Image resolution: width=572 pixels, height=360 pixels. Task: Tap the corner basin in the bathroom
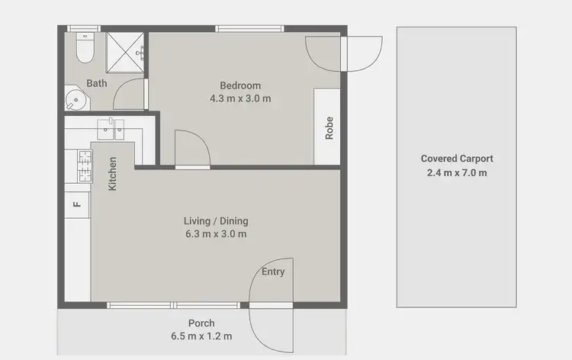(x=75, y=99)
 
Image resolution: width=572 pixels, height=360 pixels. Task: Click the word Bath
(x=97, y=83)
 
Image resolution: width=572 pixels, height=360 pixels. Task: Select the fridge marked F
(x=76, y=204)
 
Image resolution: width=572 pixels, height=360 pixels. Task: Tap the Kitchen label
(x=113, y=174)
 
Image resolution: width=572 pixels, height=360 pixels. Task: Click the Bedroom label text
(x=240, y=85)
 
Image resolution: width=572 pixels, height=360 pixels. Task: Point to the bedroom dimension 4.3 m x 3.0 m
(x=240, y=98)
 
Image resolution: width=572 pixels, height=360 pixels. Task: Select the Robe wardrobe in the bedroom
(x=329, y=127)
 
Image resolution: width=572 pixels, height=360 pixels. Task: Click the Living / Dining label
(x=216, y=221)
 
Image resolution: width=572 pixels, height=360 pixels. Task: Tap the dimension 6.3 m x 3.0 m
(x=216, y=234)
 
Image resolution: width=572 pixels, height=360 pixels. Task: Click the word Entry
(x=273, y=272)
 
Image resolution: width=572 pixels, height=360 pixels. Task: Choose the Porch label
(x=202, y=323)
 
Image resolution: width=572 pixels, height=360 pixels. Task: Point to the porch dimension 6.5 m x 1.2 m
(x=202, y=336)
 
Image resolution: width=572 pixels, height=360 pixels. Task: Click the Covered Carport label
(x=457, y=159)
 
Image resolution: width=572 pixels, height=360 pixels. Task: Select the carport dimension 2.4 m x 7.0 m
(x=457, y=172)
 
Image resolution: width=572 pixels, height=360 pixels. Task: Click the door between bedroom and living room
(x=191, y=149)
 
